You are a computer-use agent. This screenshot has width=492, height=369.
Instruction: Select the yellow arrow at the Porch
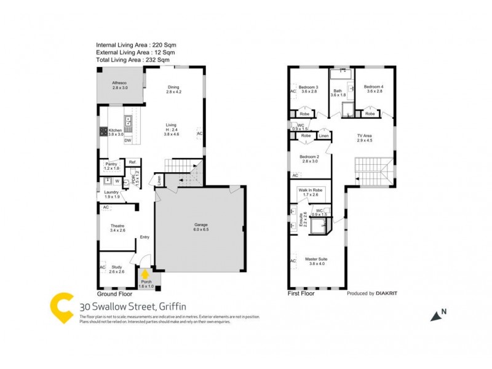tap(145, 275)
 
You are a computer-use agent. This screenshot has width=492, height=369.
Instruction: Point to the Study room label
tap(117, 268)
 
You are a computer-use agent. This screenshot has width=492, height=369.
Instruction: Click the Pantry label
tap(111, 164)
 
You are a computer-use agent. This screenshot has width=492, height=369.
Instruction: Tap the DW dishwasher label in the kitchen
tap(128, 140)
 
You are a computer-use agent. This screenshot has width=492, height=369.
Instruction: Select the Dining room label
tap(173, 87)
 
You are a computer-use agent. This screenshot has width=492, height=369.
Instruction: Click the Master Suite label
tap(316, 260)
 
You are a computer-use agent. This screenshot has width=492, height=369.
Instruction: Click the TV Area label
tap(365, 135)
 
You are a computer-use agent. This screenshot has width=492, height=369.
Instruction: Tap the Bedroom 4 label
tap(373, 87)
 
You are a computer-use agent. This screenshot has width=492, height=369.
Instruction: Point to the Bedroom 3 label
tap(308, 87)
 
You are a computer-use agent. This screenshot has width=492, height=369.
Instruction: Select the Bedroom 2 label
tap(309, 157)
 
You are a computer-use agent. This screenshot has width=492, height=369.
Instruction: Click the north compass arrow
tap(437, 315)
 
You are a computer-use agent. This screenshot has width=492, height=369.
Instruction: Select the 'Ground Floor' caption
tap(115, 294)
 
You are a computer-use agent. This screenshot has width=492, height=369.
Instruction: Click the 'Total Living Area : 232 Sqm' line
tap(132, 60)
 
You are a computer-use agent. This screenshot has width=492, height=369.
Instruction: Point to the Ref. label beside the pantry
tap(132, 162)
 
